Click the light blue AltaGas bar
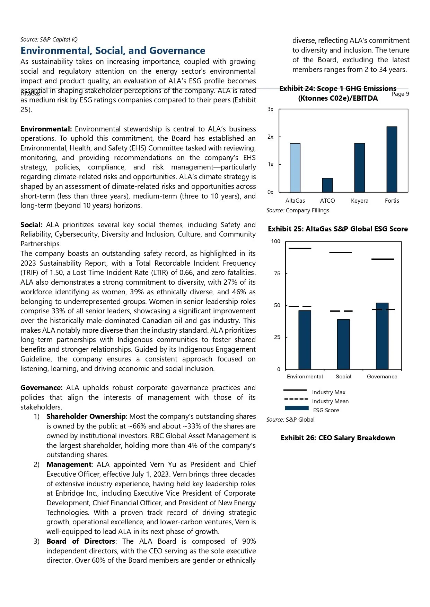pyautogui.click(x=295, y=168)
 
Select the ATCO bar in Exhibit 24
pyautogui.click(x=327, y=185)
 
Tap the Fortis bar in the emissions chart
pyautogui.click(x=392, y=159)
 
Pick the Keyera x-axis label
pyautogui.click(x=359, y=201)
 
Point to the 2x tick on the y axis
pyautogui.click(x=270, y=137)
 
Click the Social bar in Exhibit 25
pyautogui.click(x=343, y=344)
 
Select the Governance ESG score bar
pyautogui.click(x=382, y=336)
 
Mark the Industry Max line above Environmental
pyautogui.click(x=300, y=248)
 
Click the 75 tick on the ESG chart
pyautogui.click(x=277, y=274)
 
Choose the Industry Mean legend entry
pyautogui.click(x=330, y=401)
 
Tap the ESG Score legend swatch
pyautogui.click(x=297, y=408)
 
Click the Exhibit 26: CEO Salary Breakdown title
pyautogui.click(x=337, y=438)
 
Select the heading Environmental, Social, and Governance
pyautogui.click(x=113, y=50)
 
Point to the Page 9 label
pyautogui.click(x=400, y=94)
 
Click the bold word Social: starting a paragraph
pyautogui.click(x=31, y=225)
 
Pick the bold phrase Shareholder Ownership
pyautogui.click(x=86, y=416)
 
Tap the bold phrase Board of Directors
pyautogui.click(x=81, y=541)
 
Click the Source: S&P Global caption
pyautogui.click(x=290, y=420)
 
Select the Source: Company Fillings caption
pyautogui.click(x=298, y=210)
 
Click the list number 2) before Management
pyautogui.click(x=37, y=465)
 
